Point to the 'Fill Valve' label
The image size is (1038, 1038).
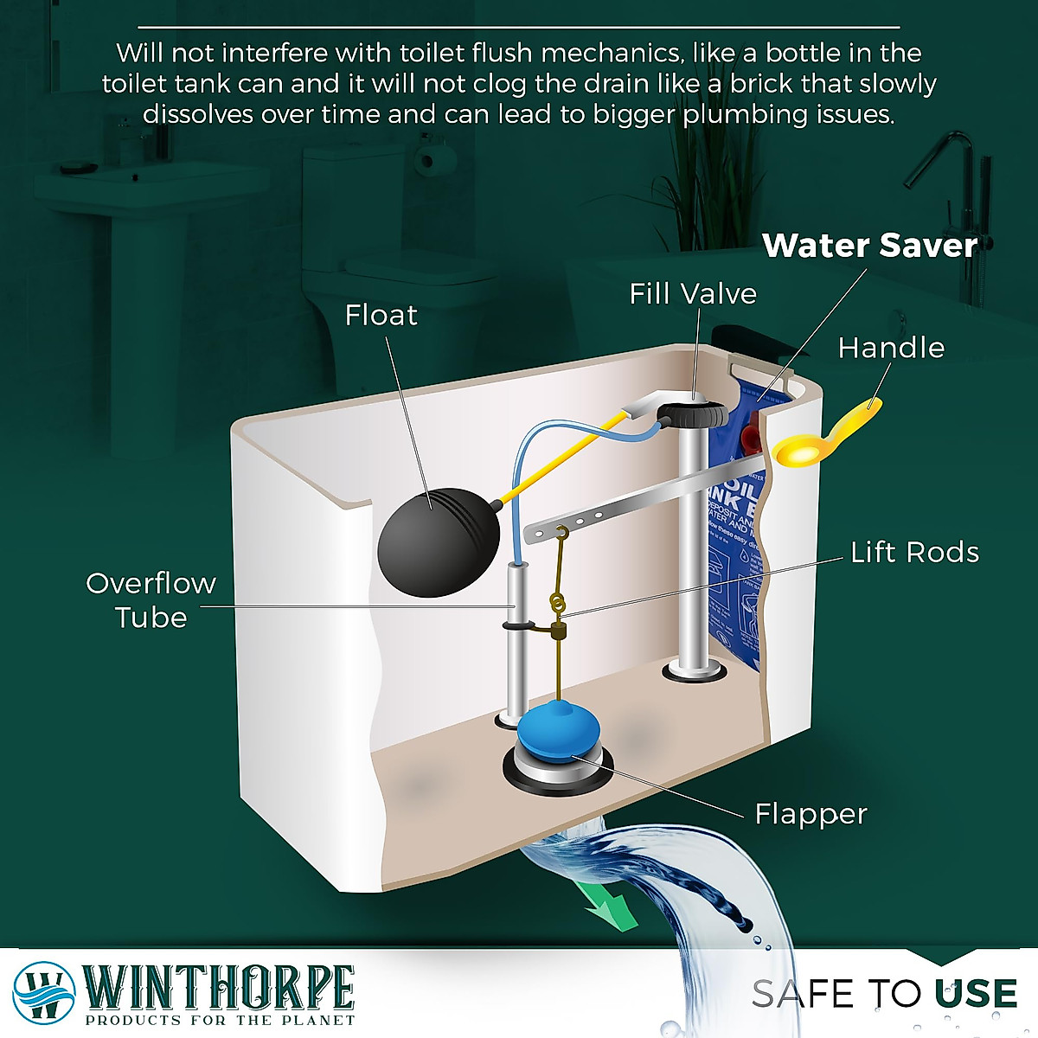[x=692, y=294]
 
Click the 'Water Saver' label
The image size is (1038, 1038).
[x=869, y=246]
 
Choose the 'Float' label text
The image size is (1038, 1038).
[x=381, y=315]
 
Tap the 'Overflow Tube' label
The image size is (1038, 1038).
[x=151, y=600]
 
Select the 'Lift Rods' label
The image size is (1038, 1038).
[x=914, y=552]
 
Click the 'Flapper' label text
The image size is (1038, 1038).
[x=810, y=814]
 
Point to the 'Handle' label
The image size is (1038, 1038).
[x=891, y=348]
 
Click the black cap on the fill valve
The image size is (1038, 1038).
[x=692, y=413]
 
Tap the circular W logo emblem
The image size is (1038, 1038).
[x=43, y=991]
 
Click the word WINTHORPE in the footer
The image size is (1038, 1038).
[x=219, y=987]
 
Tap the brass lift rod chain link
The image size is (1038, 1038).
[x=558, y=601]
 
